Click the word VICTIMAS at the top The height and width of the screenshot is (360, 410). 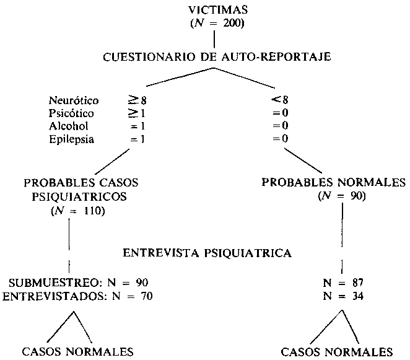[x=218, y=10]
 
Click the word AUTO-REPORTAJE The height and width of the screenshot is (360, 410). [x=276, y=57]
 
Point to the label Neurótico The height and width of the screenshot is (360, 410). [x=74, y=100]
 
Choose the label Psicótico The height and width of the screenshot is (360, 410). [x=71, y=113]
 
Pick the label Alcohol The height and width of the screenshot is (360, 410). [x=69, y=126]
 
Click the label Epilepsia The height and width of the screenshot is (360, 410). [x=71, y=139]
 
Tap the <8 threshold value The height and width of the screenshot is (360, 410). [x=280, y=100]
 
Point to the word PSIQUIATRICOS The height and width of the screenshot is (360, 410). [x=79, y=197]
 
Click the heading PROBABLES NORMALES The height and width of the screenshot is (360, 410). [x=334, y=182]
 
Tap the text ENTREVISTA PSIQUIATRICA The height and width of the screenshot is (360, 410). [x=207, y=253]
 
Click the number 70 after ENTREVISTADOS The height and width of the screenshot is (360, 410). [x=146, y=296]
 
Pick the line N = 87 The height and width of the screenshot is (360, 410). [x=343, y=283]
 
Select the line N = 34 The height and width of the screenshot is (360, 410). [x=343, y=296]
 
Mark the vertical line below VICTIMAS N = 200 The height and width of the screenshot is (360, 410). [x=214, y=39]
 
